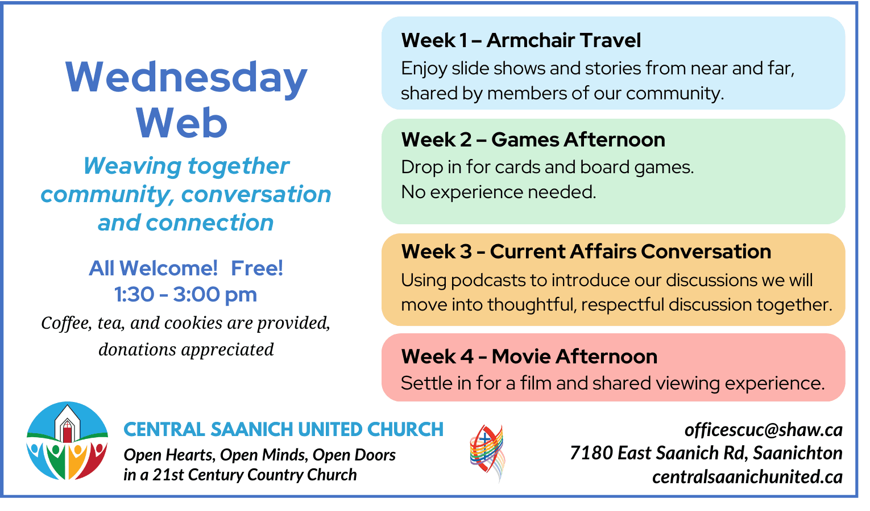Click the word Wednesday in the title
186,78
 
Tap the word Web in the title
181,123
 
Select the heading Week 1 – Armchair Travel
521,40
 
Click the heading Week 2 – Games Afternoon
533,140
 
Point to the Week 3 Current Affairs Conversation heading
586,252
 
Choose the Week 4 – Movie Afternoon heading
529,357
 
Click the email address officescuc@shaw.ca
763,430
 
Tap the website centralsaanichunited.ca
747,477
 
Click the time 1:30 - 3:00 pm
185,295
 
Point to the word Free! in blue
257,268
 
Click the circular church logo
67,441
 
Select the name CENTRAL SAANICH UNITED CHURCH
283,430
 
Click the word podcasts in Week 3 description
488,280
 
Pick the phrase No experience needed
498,192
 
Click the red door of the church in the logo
68,433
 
